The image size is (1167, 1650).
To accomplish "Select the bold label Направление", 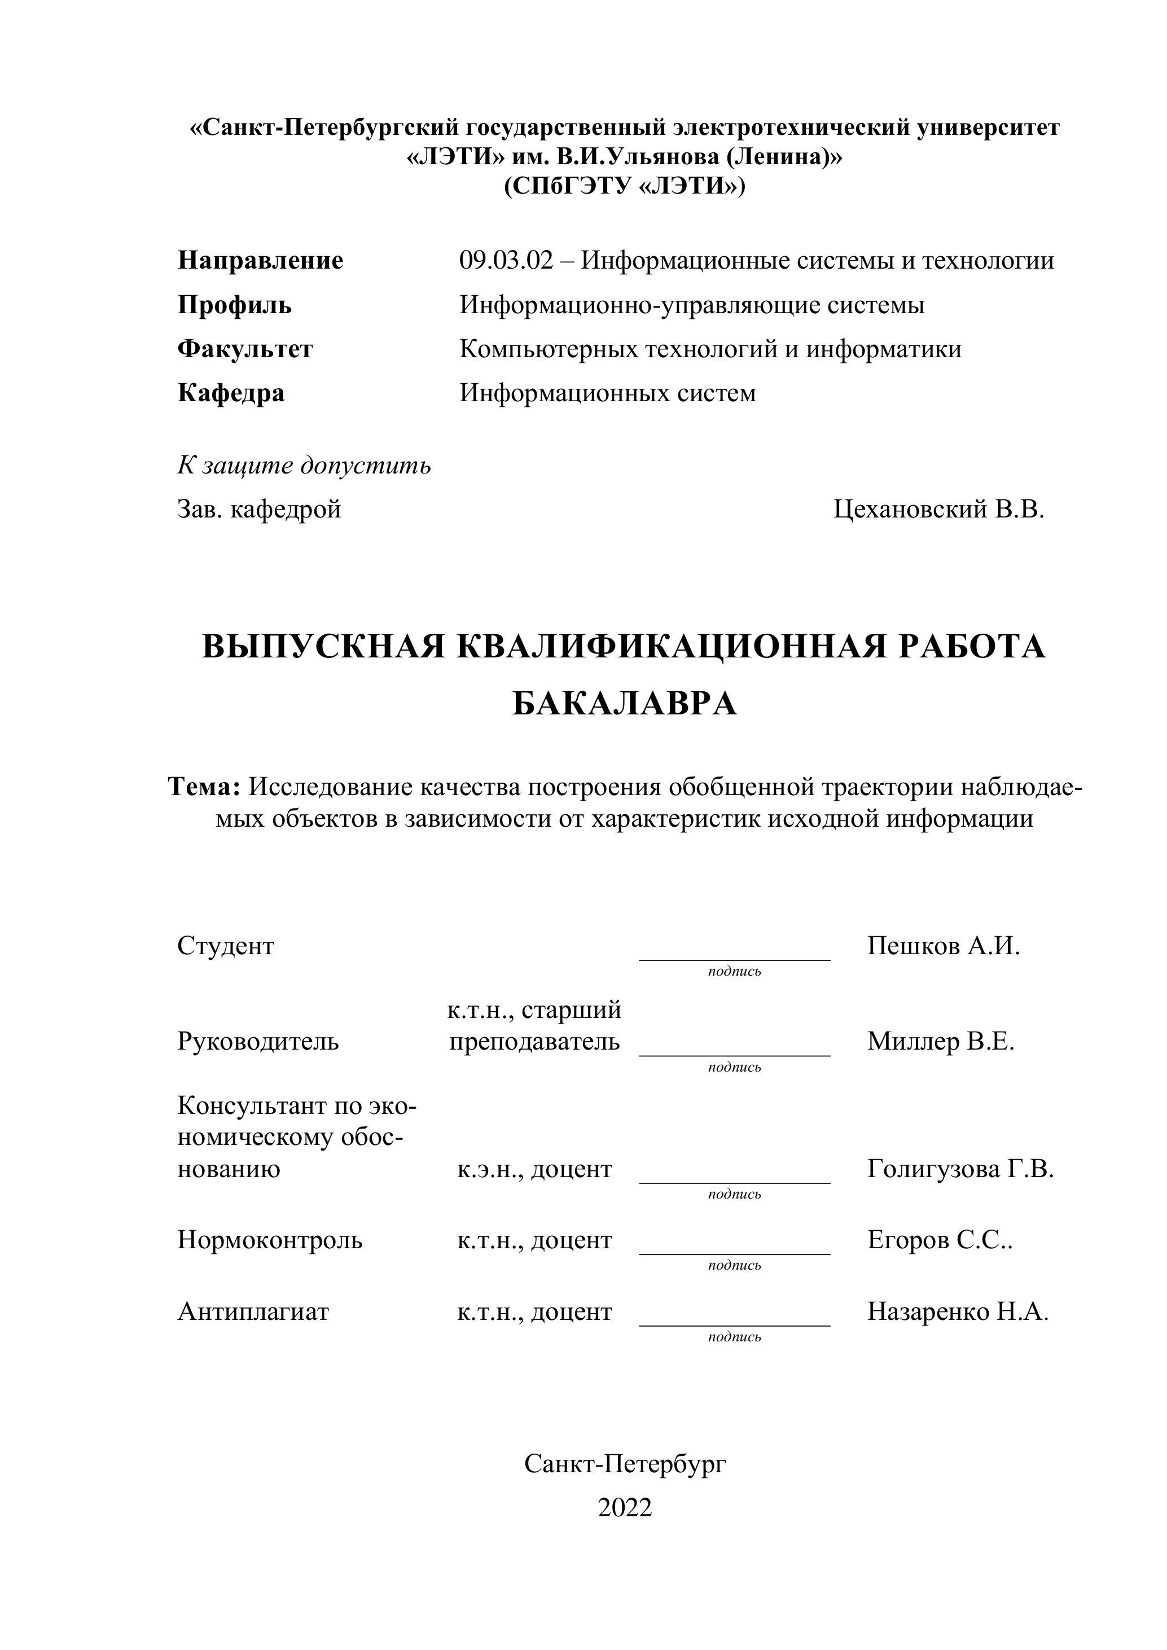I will pos(260,260).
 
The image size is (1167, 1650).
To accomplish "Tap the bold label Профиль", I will pos(234,305).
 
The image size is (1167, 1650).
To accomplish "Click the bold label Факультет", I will pos(245,349).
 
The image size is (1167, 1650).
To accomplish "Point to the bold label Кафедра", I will pos(231,393).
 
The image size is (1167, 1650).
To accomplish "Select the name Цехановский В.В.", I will pos(938,510).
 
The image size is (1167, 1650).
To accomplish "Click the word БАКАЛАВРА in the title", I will pos(625,704).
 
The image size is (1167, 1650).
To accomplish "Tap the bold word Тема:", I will pos(203,787).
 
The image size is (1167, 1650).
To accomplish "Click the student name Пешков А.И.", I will pos(943,946).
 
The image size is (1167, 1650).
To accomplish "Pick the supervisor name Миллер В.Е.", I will pos(940,1041).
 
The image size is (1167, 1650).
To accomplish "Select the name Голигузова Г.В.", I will pos(960,1169).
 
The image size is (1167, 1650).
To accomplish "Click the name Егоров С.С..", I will pos(939,1240).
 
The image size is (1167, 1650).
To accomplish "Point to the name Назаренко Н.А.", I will pos(957,1311).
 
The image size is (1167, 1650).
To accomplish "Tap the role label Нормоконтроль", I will pos(270,1240).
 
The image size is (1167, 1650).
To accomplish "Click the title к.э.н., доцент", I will pos(534,1169).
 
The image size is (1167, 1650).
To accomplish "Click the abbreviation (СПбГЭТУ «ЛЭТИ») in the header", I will pos(625,187).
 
